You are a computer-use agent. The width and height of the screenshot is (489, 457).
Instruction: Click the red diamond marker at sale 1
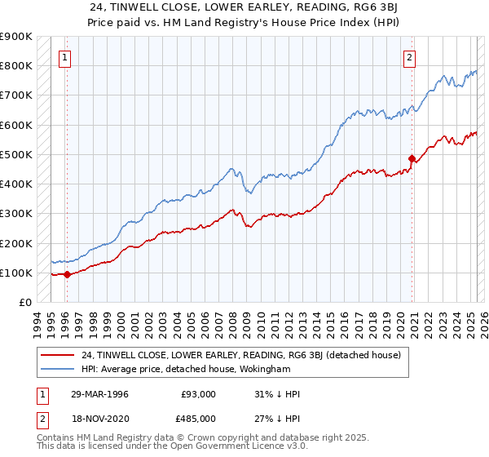pyautogui.click(x=66, y=275)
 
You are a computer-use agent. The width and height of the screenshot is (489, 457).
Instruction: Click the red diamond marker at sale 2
pyautogui.click(x=412, y=158)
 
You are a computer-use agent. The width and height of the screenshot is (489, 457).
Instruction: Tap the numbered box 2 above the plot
pyautogui.click(x=408, y=58)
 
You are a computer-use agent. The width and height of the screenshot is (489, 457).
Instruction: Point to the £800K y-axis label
pyautogui.click(x=16, y=66)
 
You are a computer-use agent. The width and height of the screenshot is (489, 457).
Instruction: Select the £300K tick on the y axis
pyautogui.click(x=16, y=214)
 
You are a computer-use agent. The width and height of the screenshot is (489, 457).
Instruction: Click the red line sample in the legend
pyautogui.click(x=57, y=356)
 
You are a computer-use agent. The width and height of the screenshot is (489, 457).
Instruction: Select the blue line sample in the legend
pyautogui.click(x=57, y=370)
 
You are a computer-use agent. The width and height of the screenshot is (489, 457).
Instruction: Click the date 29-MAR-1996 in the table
pyautogui.click(x=99, y=395)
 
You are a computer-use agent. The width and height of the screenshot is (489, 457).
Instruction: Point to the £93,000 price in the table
pyautogui.click(x=199, y=395)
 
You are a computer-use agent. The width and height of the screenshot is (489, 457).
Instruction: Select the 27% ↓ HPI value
pyautogui.click(x=277, y=418)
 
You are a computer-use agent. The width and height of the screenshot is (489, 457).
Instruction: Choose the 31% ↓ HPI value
pyautogui.click(x=277, y=395)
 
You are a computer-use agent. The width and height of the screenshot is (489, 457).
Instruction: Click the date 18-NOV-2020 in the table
pyautogui.click(x=99, y=418)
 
